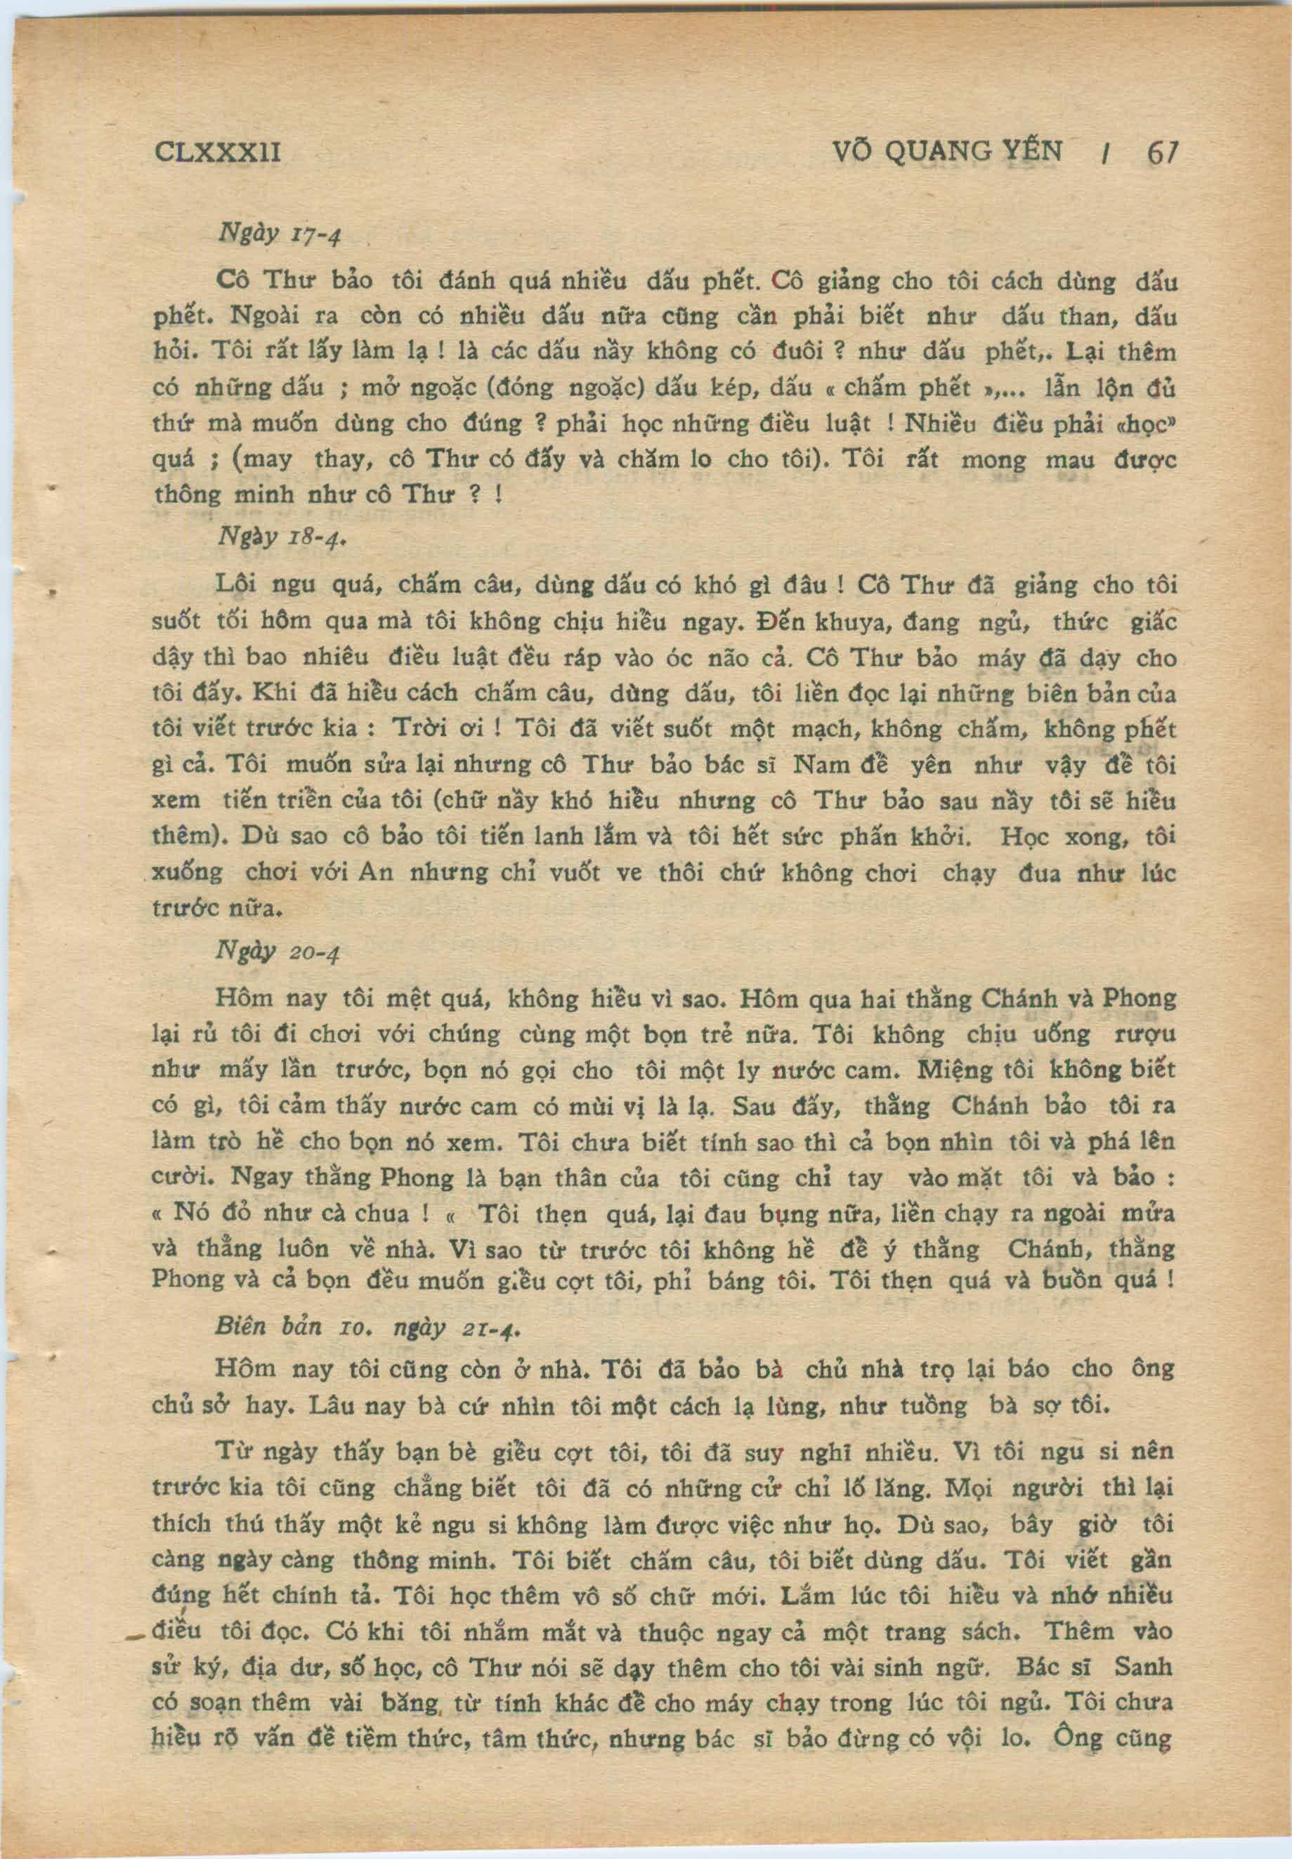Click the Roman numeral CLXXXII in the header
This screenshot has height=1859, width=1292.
pos(216,151)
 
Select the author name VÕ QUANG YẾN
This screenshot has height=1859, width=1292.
pos(946,150)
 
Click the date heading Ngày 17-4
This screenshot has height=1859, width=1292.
pos(280,235)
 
